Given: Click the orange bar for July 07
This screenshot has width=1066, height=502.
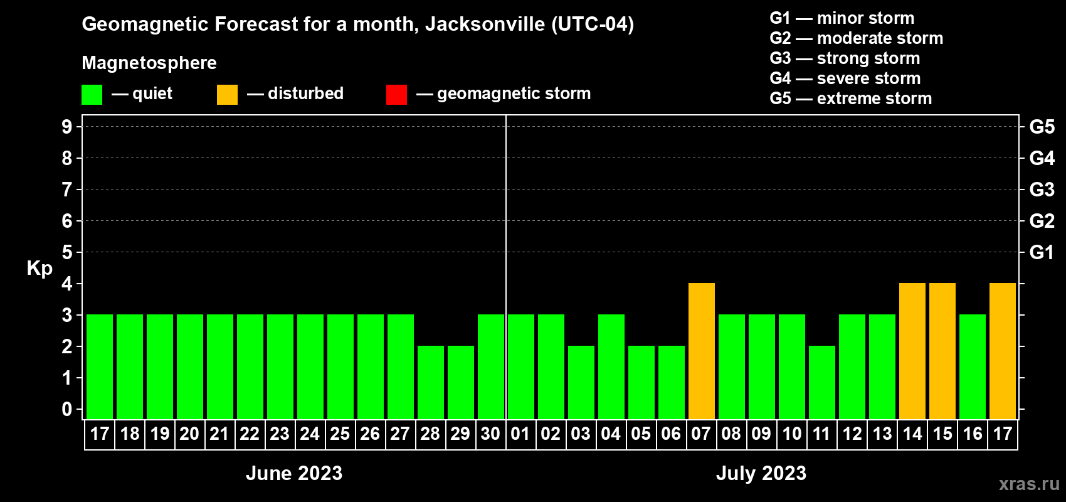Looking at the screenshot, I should click(x=701, y=351).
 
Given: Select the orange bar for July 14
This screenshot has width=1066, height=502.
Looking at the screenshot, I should click(x=912, y=351).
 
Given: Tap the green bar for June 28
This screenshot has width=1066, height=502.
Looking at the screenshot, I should click(x=430, y=382).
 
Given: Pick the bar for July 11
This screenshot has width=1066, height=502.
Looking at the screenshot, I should click(x=821, y=382).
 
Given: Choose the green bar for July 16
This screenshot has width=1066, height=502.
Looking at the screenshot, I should click(x=972, y=366).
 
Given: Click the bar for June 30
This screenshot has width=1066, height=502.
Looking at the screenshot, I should click(x=490, y=366).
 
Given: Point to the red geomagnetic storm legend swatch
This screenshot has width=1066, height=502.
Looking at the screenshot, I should click(x=396, y=94).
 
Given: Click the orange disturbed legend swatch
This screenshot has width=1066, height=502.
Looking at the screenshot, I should click(x=227, y=94).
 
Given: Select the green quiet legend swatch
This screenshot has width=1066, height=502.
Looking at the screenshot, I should click(x=92, y=94).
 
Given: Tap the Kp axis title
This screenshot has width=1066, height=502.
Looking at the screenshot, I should click(x=40, y=269).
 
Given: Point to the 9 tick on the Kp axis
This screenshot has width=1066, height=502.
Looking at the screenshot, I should click(x=67, y=127).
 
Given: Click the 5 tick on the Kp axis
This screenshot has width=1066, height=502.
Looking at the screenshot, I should click(x=67, y=252).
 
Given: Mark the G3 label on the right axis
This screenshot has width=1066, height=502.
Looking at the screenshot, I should click(x=1042, y=190).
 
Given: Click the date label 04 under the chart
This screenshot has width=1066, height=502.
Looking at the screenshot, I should click(x=611, y=434).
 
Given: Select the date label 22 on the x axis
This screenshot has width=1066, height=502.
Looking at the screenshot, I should click(x=250, y=434).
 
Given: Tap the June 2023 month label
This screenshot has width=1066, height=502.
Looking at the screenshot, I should click(x=294, y=473).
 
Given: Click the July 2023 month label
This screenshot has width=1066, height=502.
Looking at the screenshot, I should click(x=761, y=473).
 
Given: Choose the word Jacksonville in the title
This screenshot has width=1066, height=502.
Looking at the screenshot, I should click(x=485, y=24).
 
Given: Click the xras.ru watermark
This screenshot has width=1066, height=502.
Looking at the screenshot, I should click(x=1029, y=484).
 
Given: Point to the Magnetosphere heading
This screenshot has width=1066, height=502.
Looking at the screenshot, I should click(x=149, y=63).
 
